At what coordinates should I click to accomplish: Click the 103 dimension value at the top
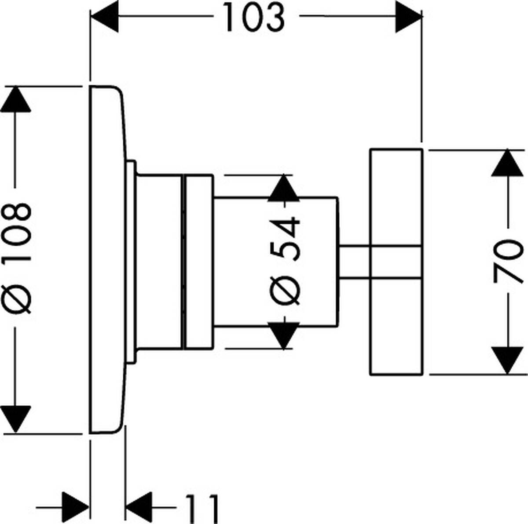point(254,18)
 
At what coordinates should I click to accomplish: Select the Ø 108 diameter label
point(18,258)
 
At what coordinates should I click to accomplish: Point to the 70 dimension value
point(509,262)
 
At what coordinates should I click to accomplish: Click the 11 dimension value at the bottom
point(202,508)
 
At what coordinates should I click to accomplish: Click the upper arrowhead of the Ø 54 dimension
point(283,188)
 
